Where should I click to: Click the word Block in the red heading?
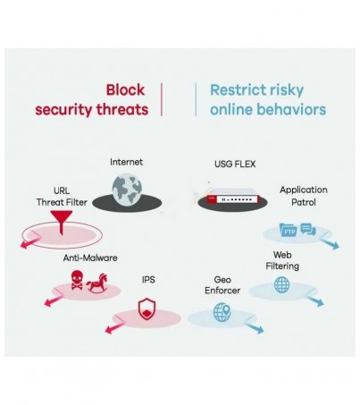pyautogui.click(x=125, y=90)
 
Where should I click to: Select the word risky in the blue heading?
pyautogui.click(x=285, y=90)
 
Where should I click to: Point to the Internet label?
pyautogui.click(x=126, y=162)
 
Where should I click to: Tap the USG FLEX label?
pyautogui.click(x=235, y=164)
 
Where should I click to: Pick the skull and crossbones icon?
pyautogui.click(x=77, y=280)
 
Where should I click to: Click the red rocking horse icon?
pyautogui.click(x=97, y=283)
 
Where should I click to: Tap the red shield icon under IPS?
pyautogui.click(x=147, y=309)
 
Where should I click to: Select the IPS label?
pyautogui.click(x=148, y=280)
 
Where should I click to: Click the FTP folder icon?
pyautogui.click(x=289, y=230)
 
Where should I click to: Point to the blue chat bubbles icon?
pyautogui.click(x=308, y=230)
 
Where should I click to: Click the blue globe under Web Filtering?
pyautogui.click(x=281, y=284)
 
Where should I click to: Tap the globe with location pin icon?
pyautogui.click(x=222, y=312)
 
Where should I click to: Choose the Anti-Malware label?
pyautogui.click(x=90, y=257)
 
